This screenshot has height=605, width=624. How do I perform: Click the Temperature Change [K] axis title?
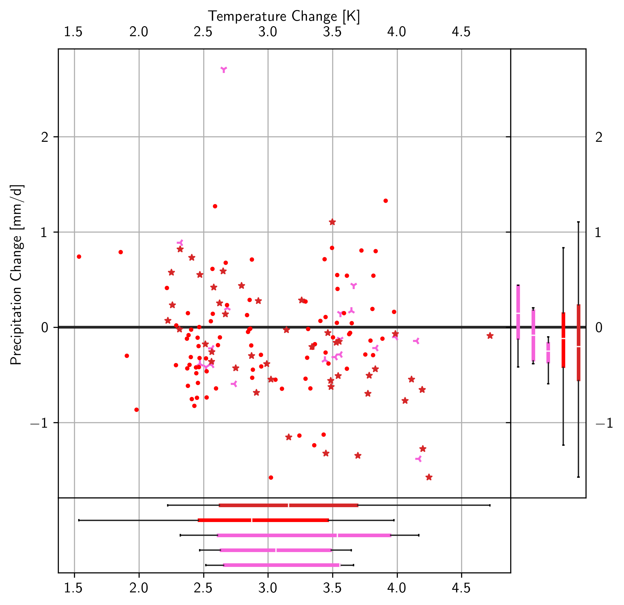point(283,16)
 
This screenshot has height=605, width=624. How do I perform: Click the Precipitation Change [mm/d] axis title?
point(16,275)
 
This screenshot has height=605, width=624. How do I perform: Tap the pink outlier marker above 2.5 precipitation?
point(224,69)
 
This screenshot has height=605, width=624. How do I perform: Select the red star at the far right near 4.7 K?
point(490,336)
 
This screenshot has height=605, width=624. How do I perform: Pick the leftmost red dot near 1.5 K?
point(79,256)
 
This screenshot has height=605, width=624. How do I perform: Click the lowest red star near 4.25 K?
point(429,477)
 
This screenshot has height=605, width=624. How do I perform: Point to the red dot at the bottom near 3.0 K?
point(271,477)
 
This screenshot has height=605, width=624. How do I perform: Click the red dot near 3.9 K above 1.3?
point(386,201)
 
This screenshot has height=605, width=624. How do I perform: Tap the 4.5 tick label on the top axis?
point(461,32)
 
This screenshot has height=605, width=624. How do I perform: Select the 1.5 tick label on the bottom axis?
point(73,588)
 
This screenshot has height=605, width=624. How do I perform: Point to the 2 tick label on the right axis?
point(599,137)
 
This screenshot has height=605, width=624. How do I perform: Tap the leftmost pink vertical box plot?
point(518,312)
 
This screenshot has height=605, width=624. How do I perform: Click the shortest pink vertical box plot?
point(548,352)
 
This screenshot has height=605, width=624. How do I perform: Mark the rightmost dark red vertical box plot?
point(578,342)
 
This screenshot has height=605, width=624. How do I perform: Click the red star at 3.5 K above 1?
point(332,222)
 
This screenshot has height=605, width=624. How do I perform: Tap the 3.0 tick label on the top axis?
point(268,32)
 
